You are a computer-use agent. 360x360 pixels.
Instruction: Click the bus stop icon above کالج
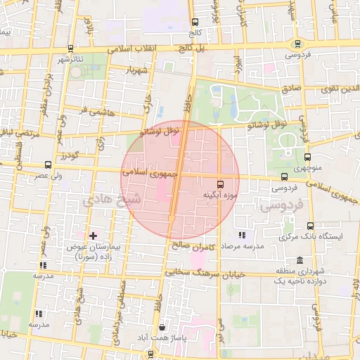click(195, 22)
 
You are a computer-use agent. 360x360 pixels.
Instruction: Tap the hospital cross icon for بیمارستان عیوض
click(93, 235)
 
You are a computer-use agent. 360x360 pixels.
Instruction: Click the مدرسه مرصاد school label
click(242, 247)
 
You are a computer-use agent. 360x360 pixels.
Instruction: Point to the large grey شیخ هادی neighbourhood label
click(112, 200)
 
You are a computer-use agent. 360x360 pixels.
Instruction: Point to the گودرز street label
click(72, 154)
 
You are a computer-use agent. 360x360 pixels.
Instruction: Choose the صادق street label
click(290, 89)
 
